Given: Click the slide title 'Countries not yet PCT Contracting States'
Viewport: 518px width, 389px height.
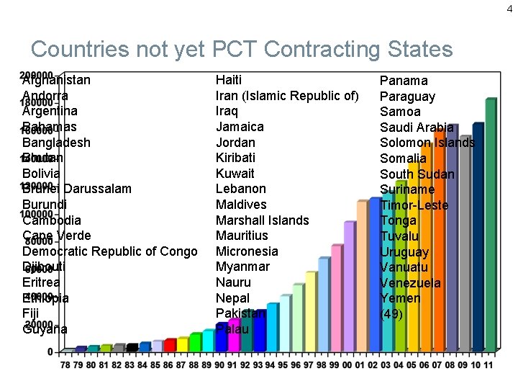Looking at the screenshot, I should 242,49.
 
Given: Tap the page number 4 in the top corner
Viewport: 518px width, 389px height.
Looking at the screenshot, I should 510,9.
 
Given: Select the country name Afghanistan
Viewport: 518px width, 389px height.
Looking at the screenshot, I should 56,80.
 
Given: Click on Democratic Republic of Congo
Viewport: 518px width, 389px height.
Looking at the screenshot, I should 109,251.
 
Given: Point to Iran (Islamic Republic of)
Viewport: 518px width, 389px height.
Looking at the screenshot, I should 287,96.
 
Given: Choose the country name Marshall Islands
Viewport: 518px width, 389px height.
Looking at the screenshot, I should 262,220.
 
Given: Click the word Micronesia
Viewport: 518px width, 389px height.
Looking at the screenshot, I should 247,251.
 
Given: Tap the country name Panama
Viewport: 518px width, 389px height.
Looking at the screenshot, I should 404,81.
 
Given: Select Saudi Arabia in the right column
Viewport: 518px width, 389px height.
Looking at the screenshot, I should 417,128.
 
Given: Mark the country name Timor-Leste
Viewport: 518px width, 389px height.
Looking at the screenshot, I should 414,205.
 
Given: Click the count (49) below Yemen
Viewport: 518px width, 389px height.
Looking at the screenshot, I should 391,314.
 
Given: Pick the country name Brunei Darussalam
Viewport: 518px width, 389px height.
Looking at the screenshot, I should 77,189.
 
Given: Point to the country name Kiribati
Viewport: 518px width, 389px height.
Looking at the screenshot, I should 235,158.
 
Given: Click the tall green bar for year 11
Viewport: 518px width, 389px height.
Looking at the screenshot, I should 490,223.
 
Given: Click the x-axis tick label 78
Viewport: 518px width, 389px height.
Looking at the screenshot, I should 65,365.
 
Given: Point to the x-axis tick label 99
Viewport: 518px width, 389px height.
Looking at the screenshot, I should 336,365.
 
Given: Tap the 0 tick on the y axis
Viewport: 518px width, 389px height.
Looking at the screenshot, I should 50,352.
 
